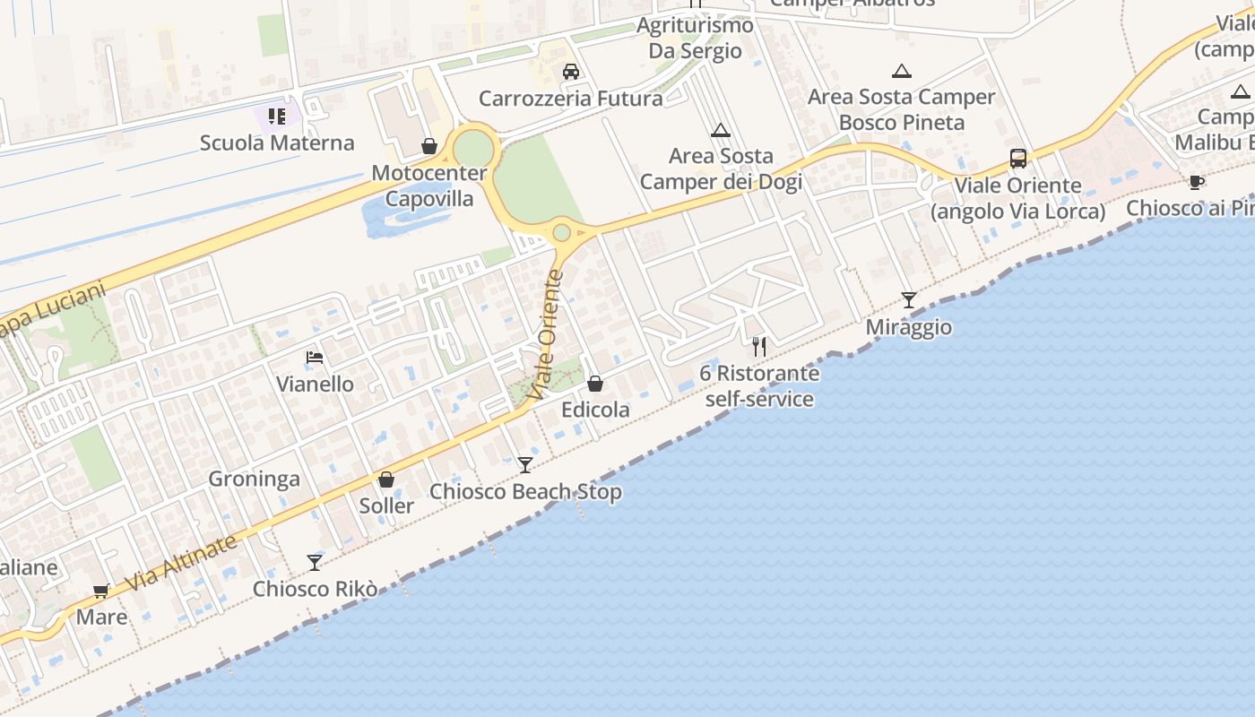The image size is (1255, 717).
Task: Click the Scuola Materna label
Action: click(x=277, y=143)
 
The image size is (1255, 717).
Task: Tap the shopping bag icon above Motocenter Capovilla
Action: click(x=429, y=146)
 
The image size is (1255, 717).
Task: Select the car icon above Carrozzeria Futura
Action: click(x=571, y=72)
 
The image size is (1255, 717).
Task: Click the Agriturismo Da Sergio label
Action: click(x=695, y=38)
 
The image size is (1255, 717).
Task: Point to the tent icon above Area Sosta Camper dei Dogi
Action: click(x=721, y=131)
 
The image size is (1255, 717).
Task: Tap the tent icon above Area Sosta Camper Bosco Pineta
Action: click(x=902, y=72)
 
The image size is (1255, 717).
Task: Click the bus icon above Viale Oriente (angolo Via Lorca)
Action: click(x=1018, y=159)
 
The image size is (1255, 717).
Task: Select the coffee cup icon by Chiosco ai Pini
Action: click(x=1196, y=183)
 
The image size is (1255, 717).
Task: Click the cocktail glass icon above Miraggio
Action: click(x=909, y=300)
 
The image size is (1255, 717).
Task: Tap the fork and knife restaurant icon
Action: click(x=760, y=347)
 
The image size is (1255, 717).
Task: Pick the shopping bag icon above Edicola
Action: click(x=595, y=384)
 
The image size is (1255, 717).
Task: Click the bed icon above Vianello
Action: click(x=315, y=358)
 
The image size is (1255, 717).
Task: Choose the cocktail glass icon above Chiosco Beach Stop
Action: click(x=525, y=465)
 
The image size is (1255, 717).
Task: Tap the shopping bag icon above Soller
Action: click(x=386, y=479)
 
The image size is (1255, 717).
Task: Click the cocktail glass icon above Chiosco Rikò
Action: click(x=315, y=563)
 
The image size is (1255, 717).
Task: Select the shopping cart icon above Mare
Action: click(x=101, y=591)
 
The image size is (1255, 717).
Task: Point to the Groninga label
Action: click(x=254, y=479)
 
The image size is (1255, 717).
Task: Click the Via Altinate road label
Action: click(x=181, y=562)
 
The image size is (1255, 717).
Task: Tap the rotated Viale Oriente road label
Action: click(x=547, y=335)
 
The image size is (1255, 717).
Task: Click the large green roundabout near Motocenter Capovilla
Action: click(x=473, y=148)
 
